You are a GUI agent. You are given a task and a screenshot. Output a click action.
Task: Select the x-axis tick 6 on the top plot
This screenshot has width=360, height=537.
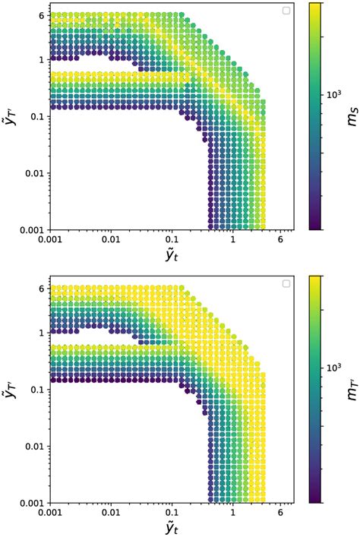pyautogui.click(x=280, y=239)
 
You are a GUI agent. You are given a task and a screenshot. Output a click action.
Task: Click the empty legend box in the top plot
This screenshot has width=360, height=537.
pyautogui.click(x=286, y=11)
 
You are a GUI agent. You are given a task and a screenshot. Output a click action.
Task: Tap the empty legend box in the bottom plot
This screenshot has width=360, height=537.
pyautogui.click(x=286, y=284)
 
